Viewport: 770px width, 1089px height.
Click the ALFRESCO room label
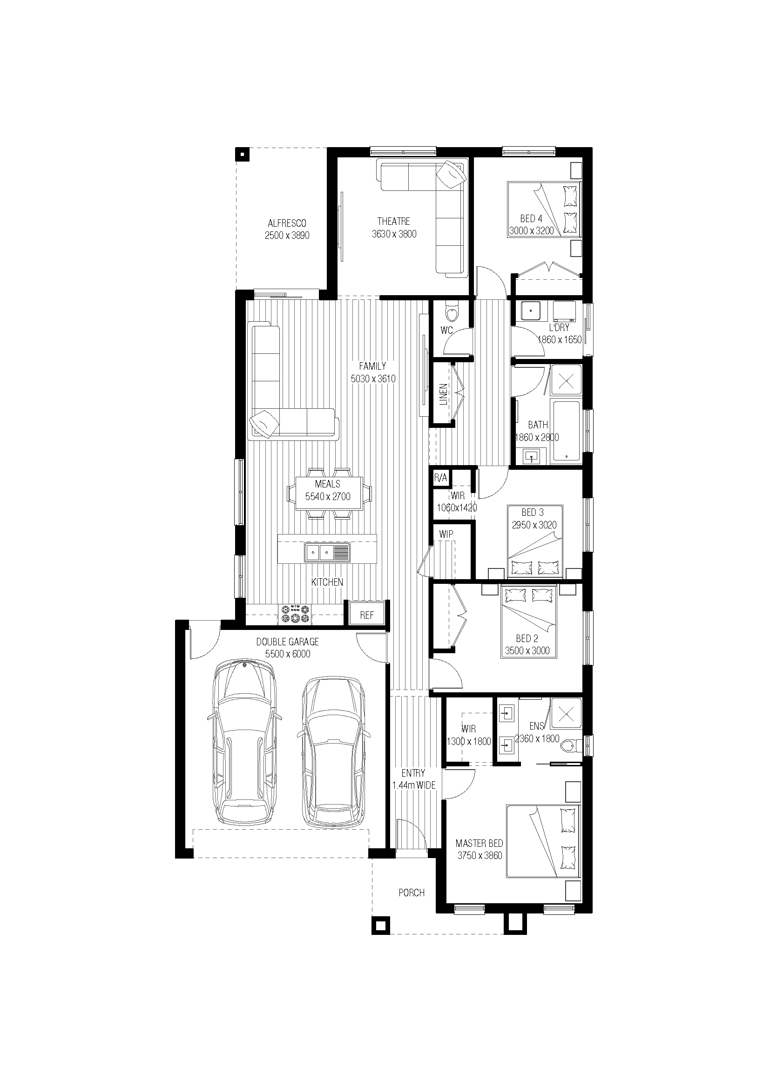[x=287, y=223]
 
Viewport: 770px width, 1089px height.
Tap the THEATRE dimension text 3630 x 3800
[x=394, y=234]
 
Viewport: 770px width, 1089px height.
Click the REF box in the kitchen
[x=367, y=615]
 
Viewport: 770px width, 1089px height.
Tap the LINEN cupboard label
[x=443, y=394]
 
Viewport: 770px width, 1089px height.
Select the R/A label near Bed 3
[x=440, y=478]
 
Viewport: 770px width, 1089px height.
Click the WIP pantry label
[x=446, y=534]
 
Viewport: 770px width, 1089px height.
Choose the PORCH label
[x=412, y=893]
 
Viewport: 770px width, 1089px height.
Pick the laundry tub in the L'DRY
[x=530, y=311]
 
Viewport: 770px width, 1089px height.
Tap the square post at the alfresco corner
[x=242, y=154]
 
